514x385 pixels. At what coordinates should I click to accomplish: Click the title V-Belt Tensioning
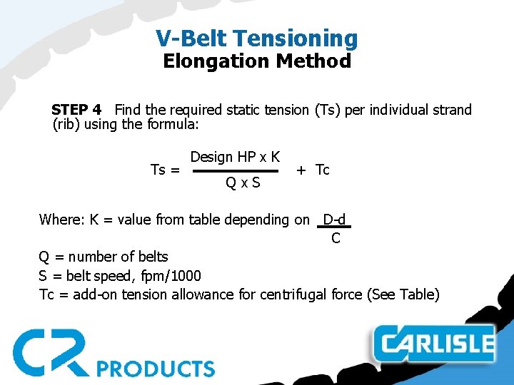[x=257, y=38]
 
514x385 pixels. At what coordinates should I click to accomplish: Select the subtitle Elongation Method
[x=257, y=61]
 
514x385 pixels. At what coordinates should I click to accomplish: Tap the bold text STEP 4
[x=76, y=110]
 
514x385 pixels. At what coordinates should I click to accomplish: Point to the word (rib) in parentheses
[x=68, y=125]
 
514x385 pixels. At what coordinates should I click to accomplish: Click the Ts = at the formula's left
[x=165, y=170]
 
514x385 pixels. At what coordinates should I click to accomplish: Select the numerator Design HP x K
[x=235, y=157]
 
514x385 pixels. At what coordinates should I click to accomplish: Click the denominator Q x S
[x=243, y=183]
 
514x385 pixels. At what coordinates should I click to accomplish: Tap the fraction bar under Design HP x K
[x=236, y=171]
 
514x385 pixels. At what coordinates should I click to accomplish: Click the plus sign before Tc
[x=301, y=170]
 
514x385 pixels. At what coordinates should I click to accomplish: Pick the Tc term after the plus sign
[x=323, y=170]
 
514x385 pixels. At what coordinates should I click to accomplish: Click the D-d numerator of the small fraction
[x=335, y=220]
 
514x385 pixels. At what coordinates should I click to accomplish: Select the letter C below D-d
[x=336, y=239]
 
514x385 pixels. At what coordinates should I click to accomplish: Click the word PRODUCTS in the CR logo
[x=155, y=369]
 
